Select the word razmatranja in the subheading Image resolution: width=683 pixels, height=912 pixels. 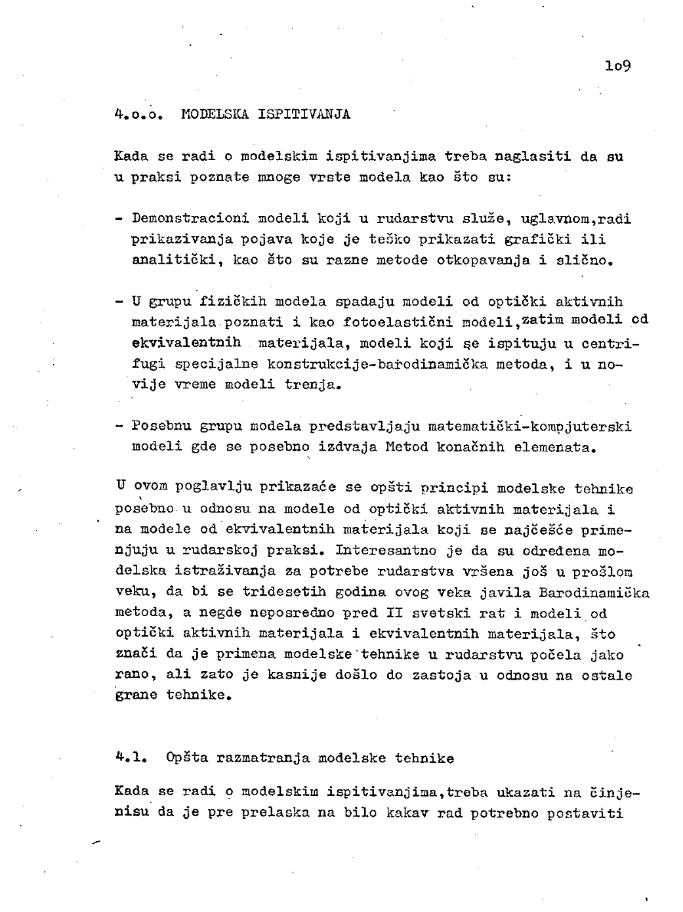(266, 758)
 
